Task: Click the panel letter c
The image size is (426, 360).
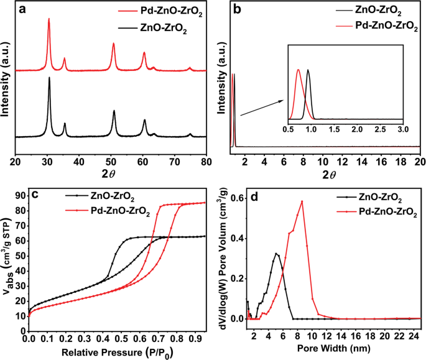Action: (x=35, y=193)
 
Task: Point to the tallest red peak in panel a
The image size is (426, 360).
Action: (x=49, y=19)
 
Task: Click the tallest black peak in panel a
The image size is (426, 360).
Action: (x=49, y=78)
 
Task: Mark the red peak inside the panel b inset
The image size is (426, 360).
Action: (x=299, y=70)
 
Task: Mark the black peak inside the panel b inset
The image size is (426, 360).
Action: (x=308, y=70)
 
